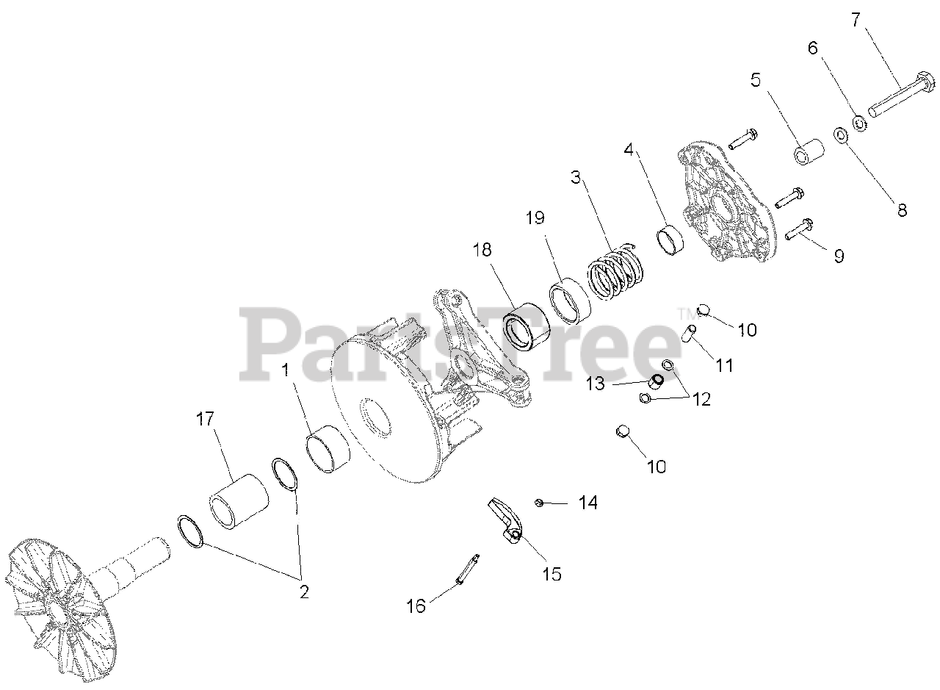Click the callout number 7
(x=855, y=20)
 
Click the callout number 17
(x=205, y=420)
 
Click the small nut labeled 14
(x=539, y=503)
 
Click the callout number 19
(x=536, y=218)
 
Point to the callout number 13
(x=595, y=383)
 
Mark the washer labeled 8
(x=839, y=136)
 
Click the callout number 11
(x=725, y=365)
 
